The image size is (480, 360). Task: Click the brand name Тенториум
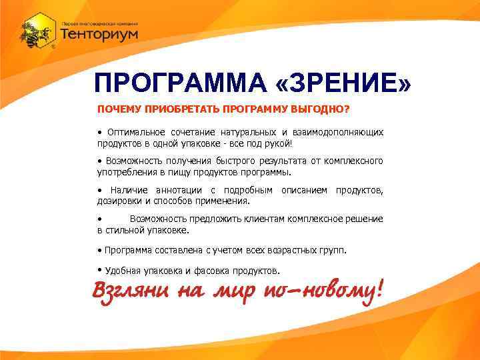click(x=99, y=33)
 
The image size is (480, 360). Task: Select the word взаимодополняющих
click(x=341, y=133)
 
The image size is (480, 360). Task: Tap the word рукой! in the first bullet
click(x=278, y=143)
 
